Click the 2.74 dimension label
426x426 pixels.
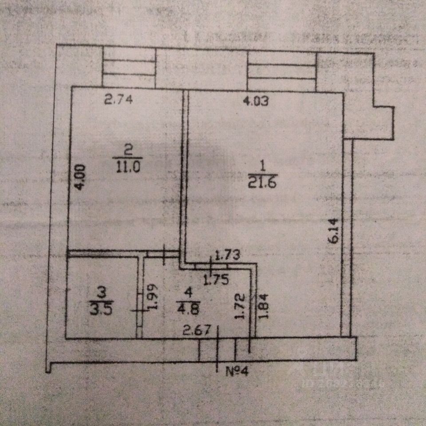pyautogui.click(x=118, y=100)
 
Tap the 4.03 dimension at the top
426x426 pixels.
pyautogui.click(x=256, y=102)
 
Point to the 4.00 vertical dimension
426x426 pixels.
pyautogui.click(x=79, y=177)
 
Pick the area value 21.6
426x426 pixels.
pyautogui.click(x=262, y=183)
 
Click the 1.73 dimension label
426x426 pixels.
pyautogui.click(x=227, y=255)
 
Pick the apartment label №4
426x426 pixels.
pyautogui.click(x=239, y=372)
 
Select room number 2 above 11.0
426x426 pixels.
pyautogui.click(x=129, y=151)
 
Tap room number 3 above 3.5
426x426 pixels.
pyautogui.click(x=102, y=293)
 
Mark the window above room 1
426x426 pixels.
pyautogui.click(x=282, y=71)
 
